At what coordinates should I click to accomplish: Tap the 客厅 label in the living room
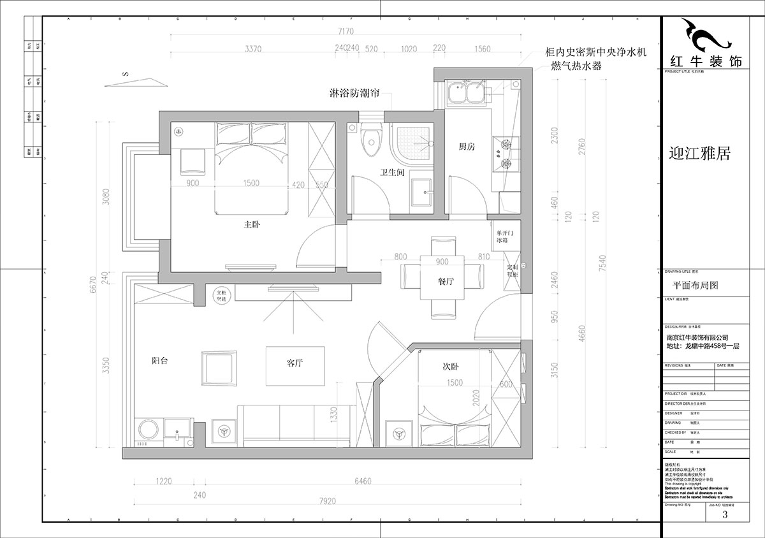pos(294,363)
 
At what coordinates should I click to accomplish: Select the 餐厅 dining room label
pos(446,282)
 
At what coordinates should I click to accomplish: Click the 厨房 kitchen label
pos(467,147)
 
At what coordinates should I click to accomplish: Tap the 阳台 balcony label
pos(160,361)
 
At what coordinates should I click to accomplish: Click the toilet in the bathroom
pos(369,142)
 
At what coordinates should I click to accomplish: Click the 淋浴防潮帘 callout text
pos(350,94)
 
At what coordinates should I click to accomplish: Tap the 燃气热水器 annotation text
pos(576,66)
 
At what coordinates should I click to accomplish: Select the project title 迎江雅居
pos(699,154)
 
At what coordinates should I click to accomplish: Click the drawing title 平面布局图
pos(696,286)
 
